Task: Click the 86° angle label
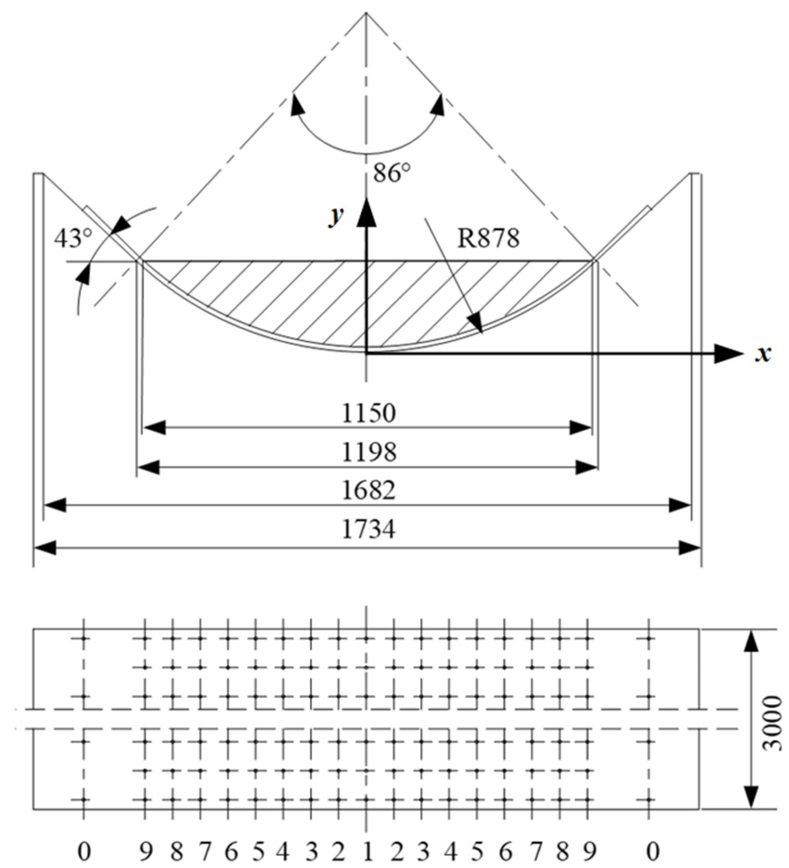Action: pyautogui.click(x=392, y=174)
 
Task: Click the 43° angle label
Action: pyautogui.click(x=73, y=239)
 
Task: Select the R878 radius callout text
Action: pyautogui.click(x=488, y=238)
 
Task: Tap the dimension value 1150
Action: pyautogui.click(x=369, y=413)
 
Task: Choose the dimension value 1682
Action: pyautogui.click(x=369, y=491)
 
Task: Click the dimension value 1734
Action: pyautogui.click(x=369, y=530)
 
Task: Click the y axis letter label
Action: pyautogui.click(x=336, y=216)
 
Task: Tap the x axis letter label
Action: pyautogui.click(x=763, y=354)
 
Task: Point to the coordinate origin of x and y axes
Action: pyautogui.click(x=366, y=354)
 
